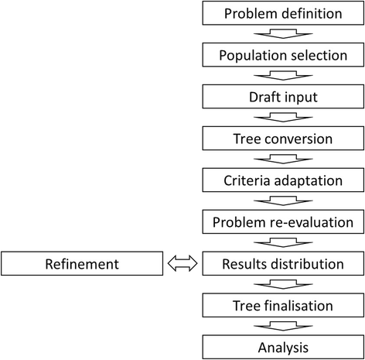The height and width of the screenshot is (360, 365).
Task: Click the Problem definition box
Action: pos(281,13)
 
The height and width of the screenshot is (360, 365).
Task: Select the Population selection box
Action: pos(281,55)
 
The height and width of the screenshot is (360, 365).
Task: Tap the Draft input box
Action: pos(281,97)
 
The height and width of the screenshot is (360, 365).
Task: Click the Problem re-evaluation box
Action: pos(281,221)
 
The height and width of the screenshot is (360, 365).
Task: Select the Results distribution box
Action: pos(281,264)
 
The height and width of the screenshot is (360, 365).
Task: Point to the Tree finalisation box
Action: pos(281,305)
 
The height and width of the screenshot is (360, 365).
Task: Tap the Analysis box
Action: pos(281,346)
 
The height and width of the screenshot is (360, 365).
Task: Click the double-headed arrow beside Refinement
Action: pos(182,264)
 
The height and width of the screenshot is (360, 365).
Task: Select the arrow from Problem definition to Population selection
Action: pos(281,34)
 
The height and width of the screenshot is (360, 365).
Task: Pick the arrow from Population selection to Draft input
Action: pos(281,76)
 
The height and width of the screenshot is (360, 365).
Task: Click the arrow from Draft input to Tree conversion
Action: pos(281,118)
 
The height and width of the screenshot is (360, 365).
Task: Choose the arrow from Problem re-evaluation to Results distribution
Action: pos(281,242)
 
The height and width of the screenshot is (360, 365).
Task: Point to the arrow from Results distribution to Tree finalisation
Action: pos(281,284)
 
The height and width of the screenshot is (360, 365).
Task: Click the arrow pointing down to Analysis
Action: pos(281,326)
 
